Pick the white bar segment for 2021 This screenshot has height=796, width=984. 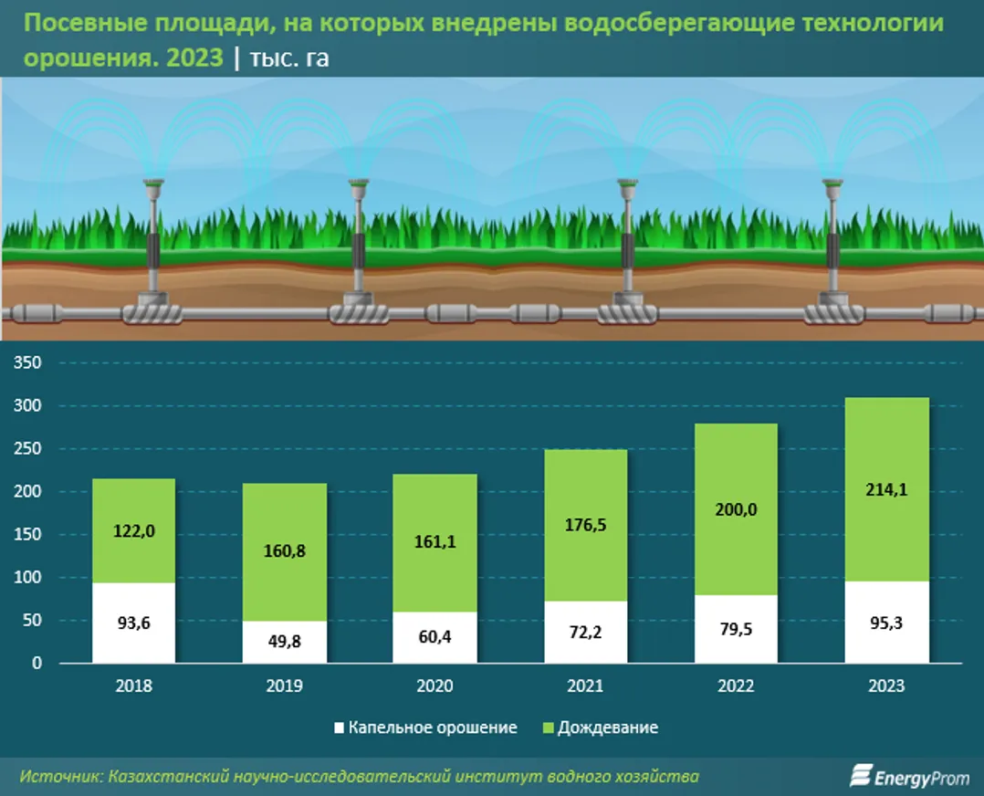585,632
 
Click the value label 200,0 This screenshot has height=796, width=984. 736,509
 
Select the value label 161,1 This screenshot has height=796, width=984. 434,541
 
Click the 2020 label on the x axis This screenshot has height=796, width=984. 434,686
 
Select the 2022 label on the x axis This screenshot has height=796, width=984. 736,686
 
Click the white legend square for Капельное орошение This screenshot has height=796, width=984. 340,728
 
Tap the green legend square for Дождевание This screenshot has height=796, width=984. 548,728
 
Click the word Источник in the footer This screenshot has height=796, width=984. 59,777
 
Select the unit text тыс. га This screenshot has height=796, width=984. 289,58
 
